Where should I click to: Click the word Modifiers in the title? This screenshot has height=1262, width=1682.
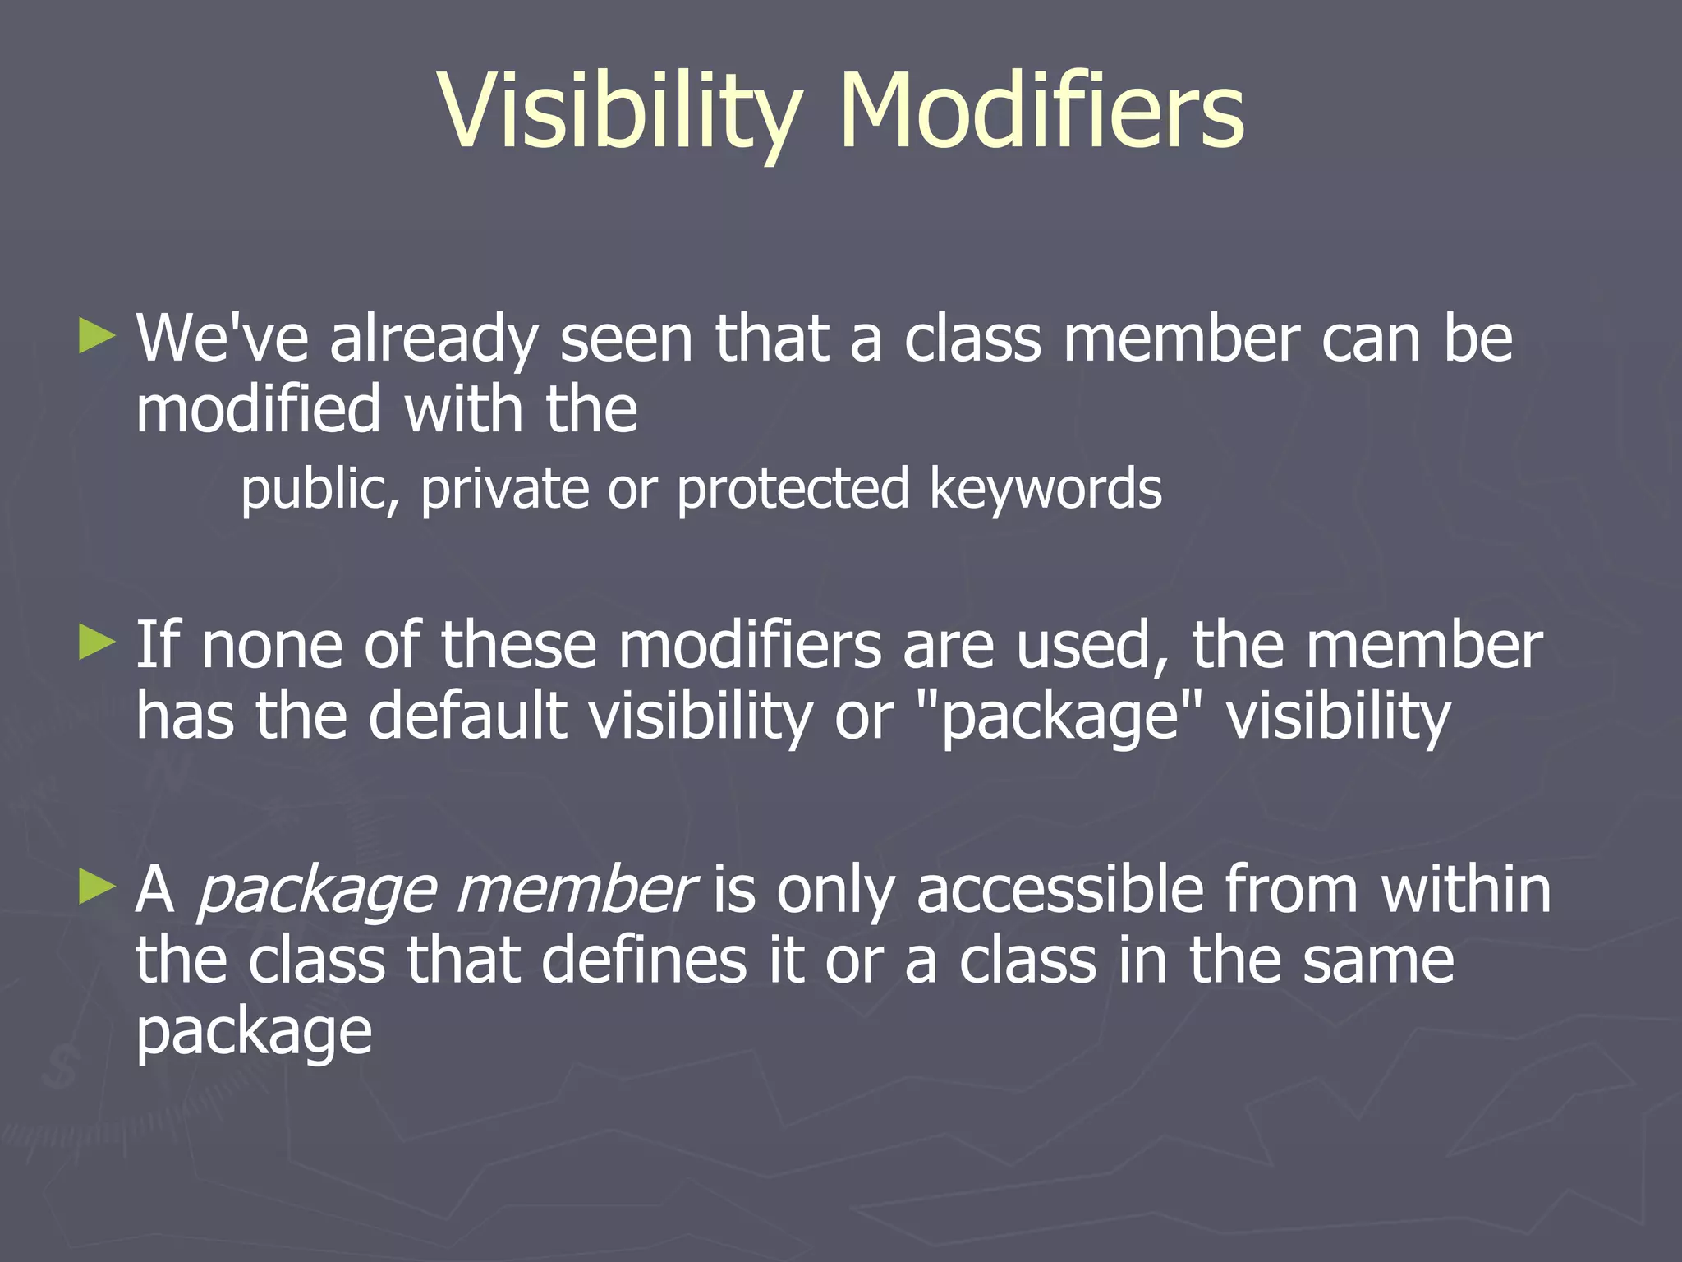click(1041, 111)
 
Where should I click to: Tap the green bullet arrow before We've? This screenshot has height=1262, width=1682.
click(96, 337)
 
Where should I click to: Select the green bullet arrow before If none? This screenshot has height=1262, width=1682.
click(96, 643)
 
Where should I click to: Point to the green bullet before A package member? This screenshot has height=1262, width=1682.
click(96, 888)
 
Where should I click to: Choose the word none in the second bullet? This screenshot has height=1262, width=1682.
click(271, 646)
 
